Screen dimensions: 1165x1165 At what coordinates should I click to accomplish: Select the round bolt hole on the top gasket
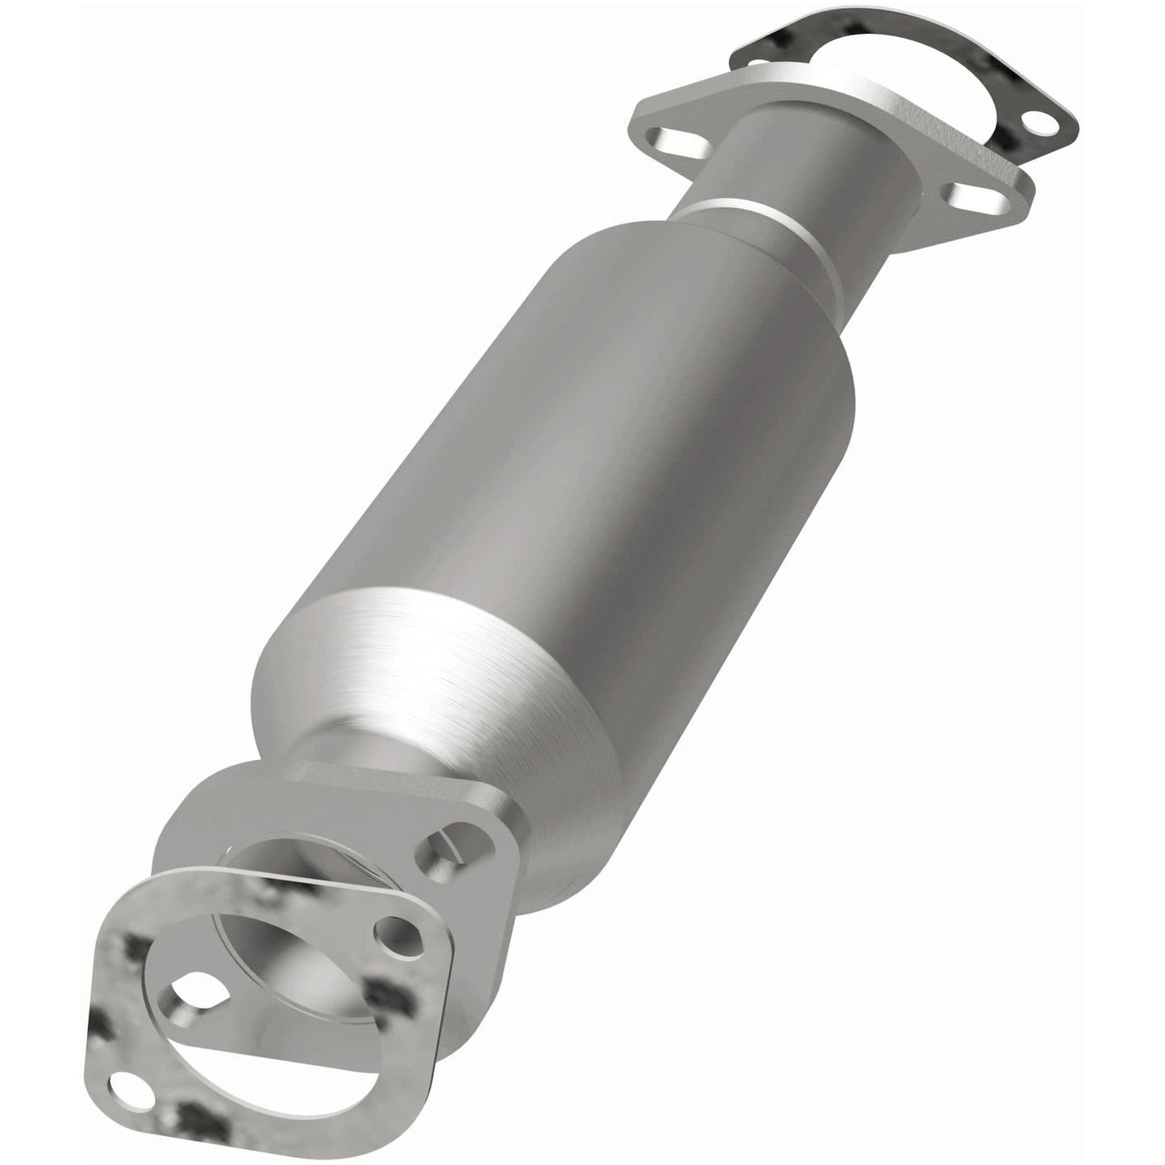coord(1037,123)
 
